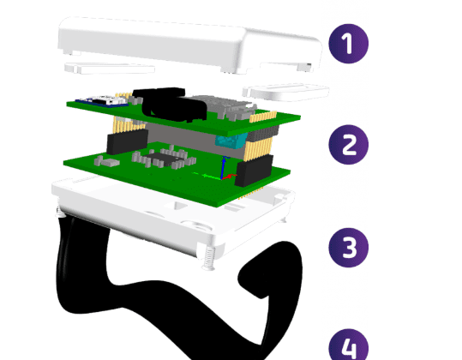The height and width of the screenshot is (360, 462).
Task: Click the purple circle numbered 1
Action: (349, 44)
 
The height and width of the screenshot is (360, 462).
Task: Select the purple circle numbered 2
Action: (349, 144)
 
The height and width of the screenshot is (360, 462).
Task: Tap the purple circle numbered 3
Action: (349, 248)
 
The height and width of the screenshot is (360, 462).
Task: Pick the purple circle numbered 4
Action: (349, 345)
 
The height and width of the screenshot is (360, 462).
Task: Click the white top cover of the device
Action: (189, 45)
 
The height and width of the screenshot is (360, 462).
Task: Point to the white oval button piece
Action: (285, 92)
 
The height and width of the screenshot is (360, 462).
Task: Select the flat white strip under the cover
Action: (110, 69)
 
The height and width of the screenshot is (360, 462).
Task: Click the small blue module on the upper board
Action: (102, 101)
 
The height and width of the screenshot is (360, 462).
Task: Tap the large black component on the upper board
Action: (170, 105)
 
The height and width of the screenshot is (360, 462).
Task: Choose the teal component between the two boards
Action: (231, 140)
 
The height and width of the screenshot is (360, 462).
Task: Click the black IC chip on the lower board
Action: (160, 159)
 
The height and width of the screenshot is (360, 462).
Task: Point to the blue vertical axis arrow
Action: (224, 167)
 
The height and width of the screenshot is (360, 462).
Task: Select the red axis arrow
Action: (229, 177)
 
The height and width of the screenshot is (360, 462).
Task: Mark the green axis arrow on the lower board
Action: (207, 176)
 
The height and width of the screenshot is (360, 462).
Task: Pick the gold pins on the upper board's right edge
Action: (263, 117)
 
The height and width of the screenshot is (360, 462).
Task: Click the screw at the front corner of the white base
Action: (208, 257)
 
